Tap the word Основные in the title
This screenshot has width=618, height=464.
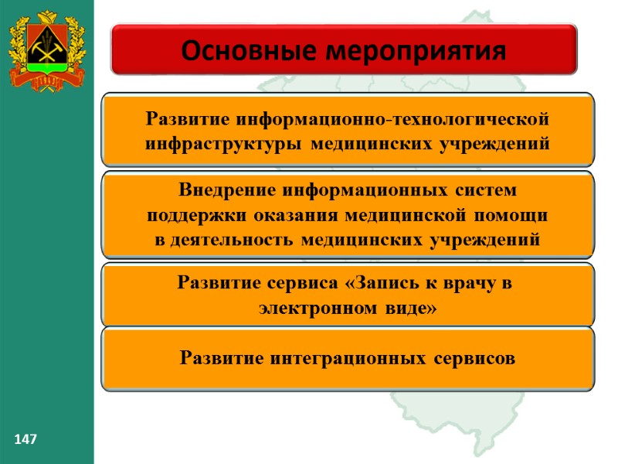(243, 51)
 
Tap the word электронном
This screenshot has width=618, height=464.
(317, 308)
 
